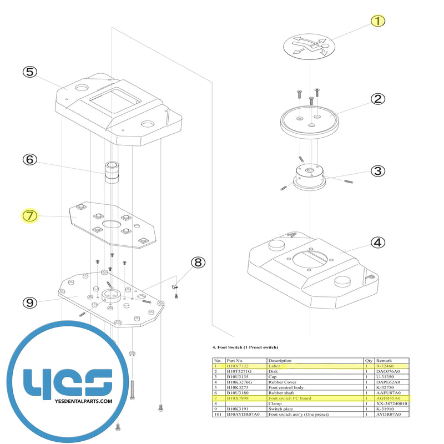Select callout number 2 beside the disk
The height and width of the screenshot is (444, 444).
coord(377,99)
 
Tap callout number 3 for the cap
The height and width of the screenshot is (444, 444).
coord(377,171)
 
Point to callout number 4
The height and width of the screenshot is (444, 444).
coord(377,242)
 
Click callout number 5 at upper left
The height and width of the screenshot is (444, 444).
coord(29,72)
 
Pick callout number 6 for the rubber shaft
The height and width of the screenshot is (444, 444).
coord(29,159)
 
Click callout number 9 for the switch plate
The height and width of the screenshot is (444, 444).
coord(29,302)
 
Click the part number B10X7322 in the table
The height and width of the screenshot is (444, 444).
coord(238,366)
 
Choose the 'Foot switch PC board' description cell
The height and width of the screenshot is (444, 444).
coord(290,398)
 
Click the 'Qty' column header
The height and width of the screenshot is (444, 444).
coord(369,361)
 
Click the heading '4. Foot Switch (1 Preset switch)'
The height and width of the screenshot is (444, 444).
coord(245,347)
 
